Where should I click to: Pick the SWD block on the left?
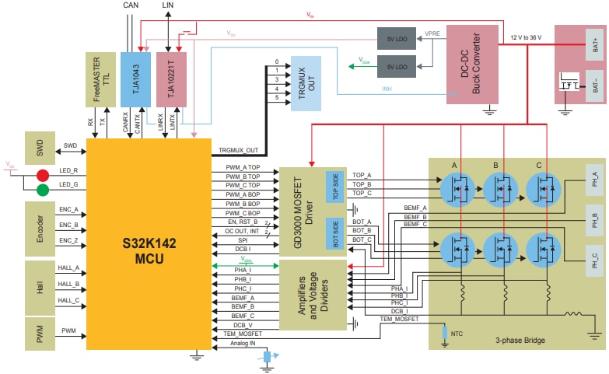tap(40, 146)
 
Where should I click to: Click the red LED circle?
tap(43, 175)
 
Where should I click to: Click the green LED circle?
tap(43, 190)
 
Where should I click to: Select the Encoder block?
tap(40, 225)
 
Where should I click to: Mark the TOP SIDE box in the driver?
tap(334, 186)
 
